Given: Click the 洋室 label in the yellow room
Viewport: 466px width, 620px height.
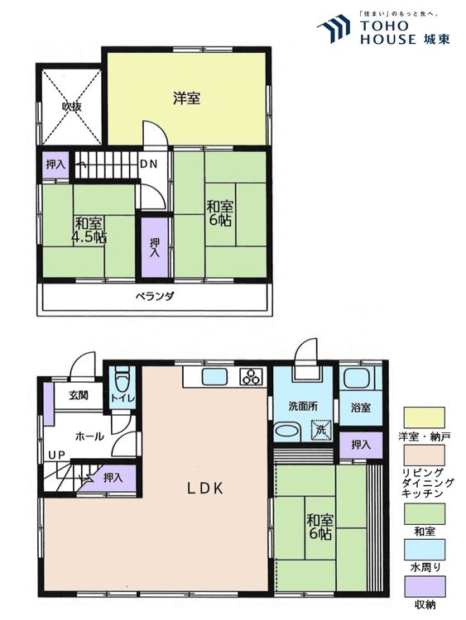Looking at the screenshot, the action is pos(186,98).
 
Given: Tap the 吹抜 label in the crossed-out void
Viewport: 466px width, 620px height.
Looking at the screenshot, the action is pos(72,107).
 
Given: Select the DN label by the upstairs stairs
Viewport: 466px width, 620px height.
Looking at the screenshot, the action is pos(148,164).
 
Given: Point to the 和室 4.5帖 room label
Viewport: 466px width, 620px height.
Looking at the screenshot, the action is pos(89,230).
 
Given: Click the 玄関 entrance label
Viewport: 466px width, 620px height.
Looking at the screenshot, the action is pos(79,395).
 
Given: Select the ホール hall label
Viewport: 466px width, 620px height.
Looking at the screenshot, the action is pos(89,436).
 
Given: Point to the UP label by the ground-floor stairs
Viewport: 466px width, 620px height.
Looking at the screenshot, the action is pos(56,455).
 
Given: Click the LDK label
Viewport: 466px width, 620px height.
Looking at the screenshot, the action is pos(205,489).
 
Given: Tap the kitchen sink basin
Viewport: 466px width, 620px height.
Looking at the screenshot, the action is pos(214,376).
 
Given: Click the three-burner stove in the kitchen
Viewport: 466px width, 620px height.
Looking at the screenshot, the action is pos(252,376).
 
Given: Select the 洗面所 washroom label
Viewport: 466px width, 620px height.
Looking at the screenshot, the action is pos(303,406).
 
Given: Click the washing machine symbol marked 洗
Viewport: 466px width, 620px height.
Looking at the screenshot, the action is pos(320,430).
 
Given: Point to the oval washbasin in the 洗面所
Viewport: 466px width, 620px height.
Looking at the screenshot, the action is pos(288,431).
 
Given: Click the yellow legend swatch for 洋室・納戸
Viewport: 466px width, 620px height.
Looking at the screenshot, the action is pos(424,417).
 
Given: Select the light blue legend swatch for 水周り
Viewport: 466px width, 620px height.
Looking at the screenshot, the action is pos(424,550).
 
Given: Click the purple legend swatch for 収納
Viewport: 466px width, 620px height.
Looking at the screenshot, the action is pos(424,587).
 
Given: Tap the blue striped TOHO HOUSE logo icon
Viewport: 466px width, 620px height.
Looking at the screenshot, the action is pos(334,27).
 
